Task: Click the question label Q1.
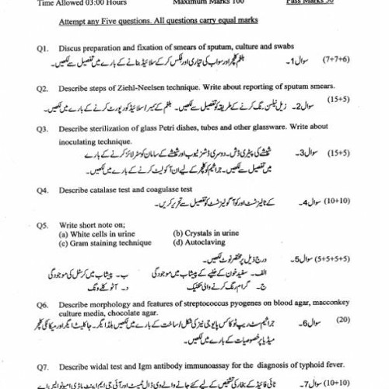[43, 48]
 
